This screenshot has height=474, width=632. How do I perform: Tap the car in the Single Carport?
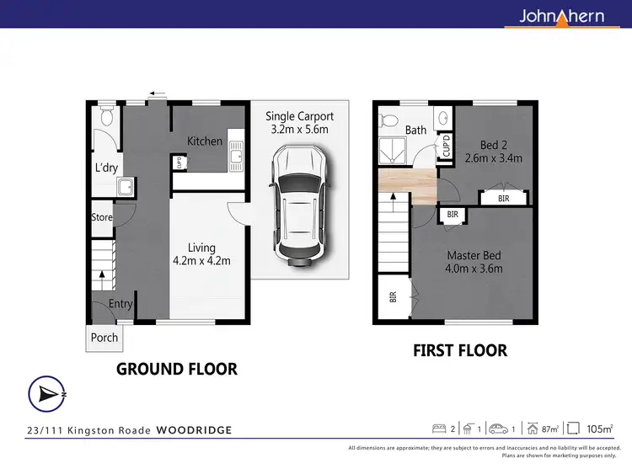pos(296,205)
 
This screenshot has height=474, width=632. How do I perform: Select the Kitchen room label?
pos(205,141)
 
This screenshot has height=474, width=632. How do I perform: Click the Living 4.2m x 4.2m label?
pos(202,254)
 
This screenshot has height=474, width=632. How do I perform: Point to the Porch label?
pos(104,338)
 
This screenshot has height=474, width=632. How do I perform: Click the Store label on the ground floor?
pos(102,217)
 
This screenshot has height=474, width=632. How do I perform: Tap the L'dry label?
pos(106,168)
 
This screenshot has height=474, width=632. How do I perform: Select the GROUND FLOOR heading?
pos(176,369)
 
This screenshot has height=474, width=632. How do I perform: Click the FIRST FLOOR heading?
pos(460,350)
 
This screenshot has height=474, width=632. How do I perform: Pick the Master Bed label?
pos(474,262)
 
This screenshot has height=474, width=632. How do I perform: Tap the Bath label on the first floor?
pos(415,130)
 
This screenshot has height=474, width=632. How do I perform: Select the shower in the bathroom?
pos(392,152)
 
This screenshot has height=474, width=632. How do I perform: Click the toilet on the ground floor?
pos(105,120)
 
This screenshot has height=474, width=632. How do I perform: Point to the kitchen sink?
pos(238,152)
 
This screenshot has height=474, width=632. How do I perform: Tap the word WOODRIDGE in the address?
pos(194,430)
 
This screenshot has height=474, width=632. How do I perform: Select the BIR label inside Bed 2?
pos(504,199)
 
